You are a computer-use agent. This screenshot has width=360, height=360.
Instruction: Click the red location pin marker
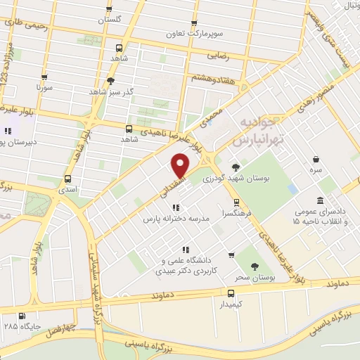[x=181, y=166]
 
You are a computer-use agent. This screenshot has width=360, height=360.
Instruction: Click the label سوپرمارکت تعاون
[x=193, y=33]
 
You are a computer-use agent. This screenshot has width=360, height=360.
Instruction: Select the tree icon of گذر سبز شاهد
[x=110, y=81]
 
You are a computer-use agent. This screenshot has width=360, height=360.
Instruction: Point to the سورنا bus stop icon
[x=44, y=78]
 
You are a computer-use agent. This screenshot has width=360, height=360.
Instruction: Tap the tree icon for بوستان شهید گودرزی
[x=235, y=167]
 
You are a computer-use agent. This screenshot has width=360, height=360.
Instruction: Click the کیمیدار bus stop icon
[x=231, y=293]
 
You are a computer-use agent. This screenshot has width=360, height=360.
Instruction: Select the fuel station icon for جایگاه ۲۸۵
[x=22, y=316]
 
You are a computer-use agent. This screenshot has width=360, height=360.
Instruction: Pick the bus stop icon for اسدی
[x=68, y=179]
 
